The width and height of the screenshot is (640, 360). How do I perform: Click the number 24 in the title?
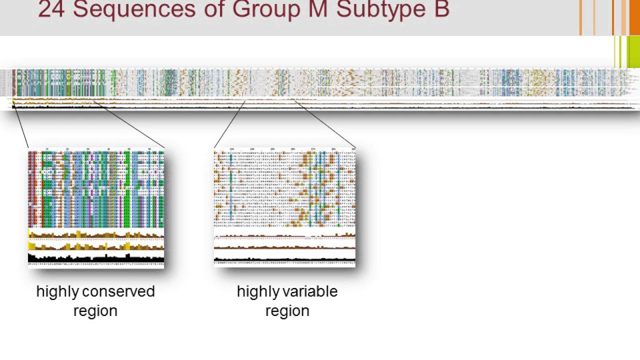coord(51,10)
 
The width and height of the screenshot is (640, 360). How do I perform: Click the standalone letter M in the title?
coord(318,10)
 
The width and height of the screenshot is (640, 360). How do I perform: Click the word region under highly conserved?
coord(95,310)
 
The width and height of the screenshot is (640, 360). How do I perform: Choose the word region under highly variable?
coord(287,310)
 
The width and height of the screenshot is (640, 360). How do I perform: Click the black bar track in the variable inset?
coord(284,259)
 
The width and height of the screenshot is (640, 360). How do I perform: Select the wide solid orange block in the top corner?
coord(634,17)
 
